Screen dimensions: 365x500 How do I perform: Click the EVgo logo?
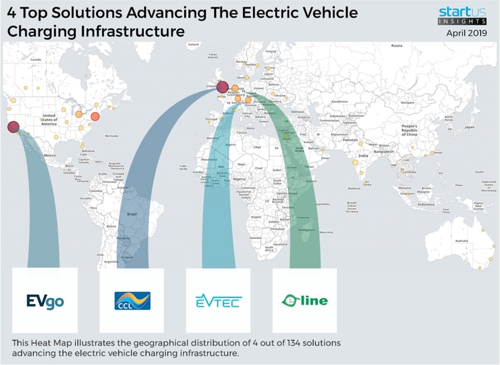[x=45, y=301]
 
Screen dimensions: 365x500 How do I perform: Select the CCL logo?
[x=132, y=301]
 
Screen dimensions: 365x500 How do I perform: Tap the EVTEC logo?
[x=218, y=301]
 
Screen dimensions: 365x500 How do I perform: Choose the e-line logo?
[x=305, y=301]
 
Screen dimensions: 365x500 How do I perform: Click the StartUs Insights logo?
[x=462, y=16]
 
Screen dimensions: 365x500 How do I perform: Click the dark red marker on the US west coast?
[x=13, y=127]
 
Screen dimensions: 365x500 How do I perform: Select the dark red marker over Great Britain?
[x=223, y=87]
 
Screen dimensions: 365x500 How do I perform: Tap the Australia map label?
[x=462, y=241]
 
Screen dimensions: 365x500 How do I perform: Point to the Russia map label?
[x=397, y=46]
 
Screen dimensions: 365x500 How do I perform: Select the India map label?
[x=363, y=156]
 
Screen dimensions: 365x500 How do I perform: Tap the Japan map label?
[x=469, y=127]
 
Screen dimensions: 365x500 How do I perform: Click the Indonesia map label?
[x=426, y=204]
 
